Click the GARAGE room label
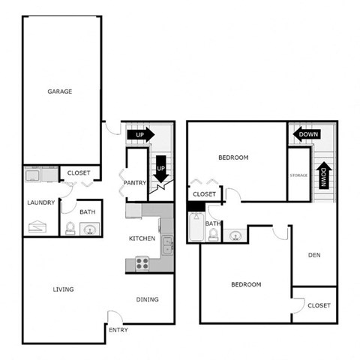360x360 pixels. pyautogui.click(x=60, y=91)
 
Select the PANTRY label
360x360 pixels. pyautogui.click(x=134, y=181)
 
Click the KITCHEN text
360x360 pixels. pyautogui.click(x=142, y=238)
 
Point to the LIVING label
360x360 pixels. pyautogui.click(x=63, y=289)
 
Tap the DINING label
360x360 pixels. pyautogui.click(x=148, y=300)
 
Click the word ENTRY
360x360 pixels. pyautogui.click(x=118, y=330)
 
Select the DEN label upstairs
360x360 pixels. pyautogui.click(x=315, y=255)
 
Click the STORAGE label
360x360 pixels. pyautogui.click(x=299, y=175)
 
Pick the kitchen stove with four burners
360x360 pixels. pyautogui.click(x=142, y=263)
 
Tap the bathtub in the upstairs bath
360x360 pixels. pyautogui.click(x=196, y=229)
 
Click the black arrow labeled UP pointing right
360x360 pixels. pyautogui.click(x=140, y=135)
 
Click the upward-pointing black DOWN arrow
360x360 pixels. pyautogui.click(x=322, y=176)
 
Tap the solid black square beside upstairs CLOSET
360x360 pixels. pyautogui.click(x=192, y=206)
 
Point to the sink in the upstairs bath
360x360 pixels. pyautogui.click(x=233, y=236)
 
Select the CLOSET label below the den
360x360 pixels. pyautogui.click(x=319, y=305)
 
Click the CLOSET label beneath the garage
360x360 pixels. pyautogui.click(x=79, y=173)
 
